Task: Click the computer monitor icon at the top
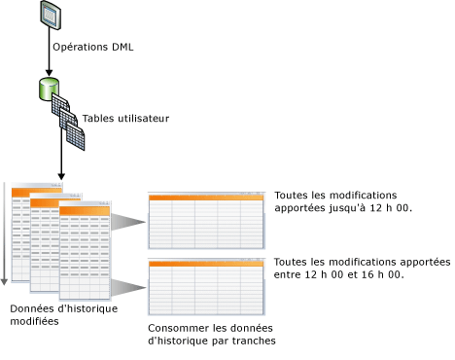(49, 15)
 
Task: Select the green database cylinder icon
(47, 90)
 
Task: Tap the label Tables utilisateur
(126, 119)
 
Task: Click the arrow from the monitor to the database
(49, 54)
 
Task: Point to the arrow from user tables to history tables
(61, 165)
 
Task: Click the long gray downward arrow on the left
(5, 234)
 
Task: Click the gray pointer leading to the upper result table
(126, 223)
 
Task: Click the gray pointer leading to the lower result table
(126, 286)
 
